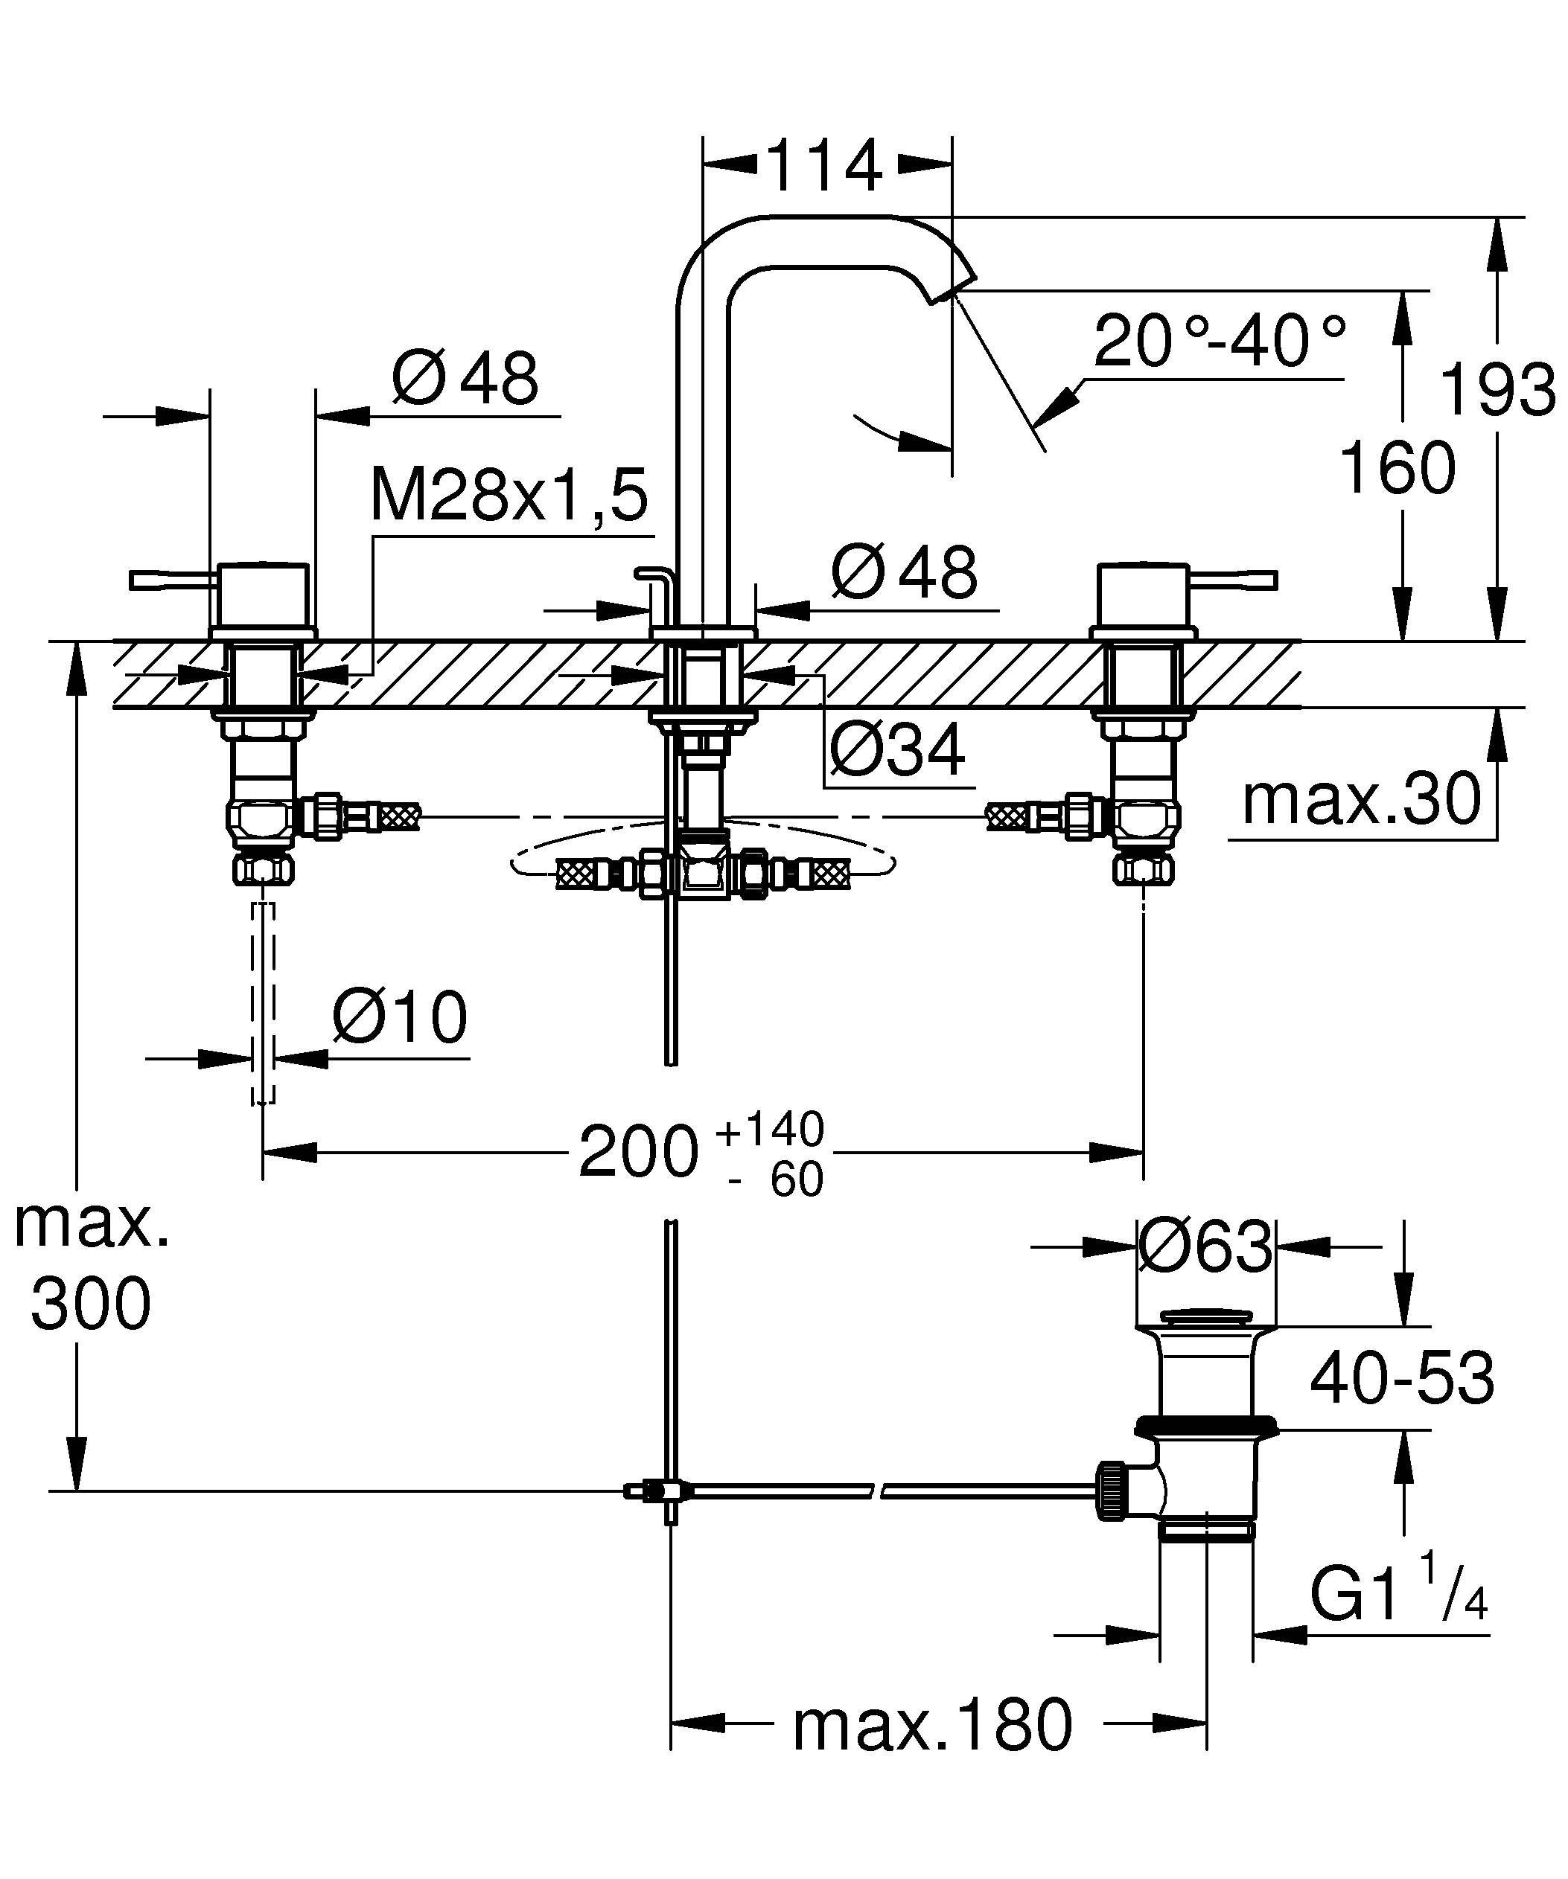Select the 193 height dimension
pos(1497,390)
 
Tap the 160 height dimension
pos(1397,468)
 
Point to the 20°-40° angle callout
pos(1219,341)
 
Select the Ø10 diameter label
pos(399,1017)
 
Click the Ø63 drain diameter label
pos(1205,1246)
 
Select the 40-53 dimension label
pos(1401,1378)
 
